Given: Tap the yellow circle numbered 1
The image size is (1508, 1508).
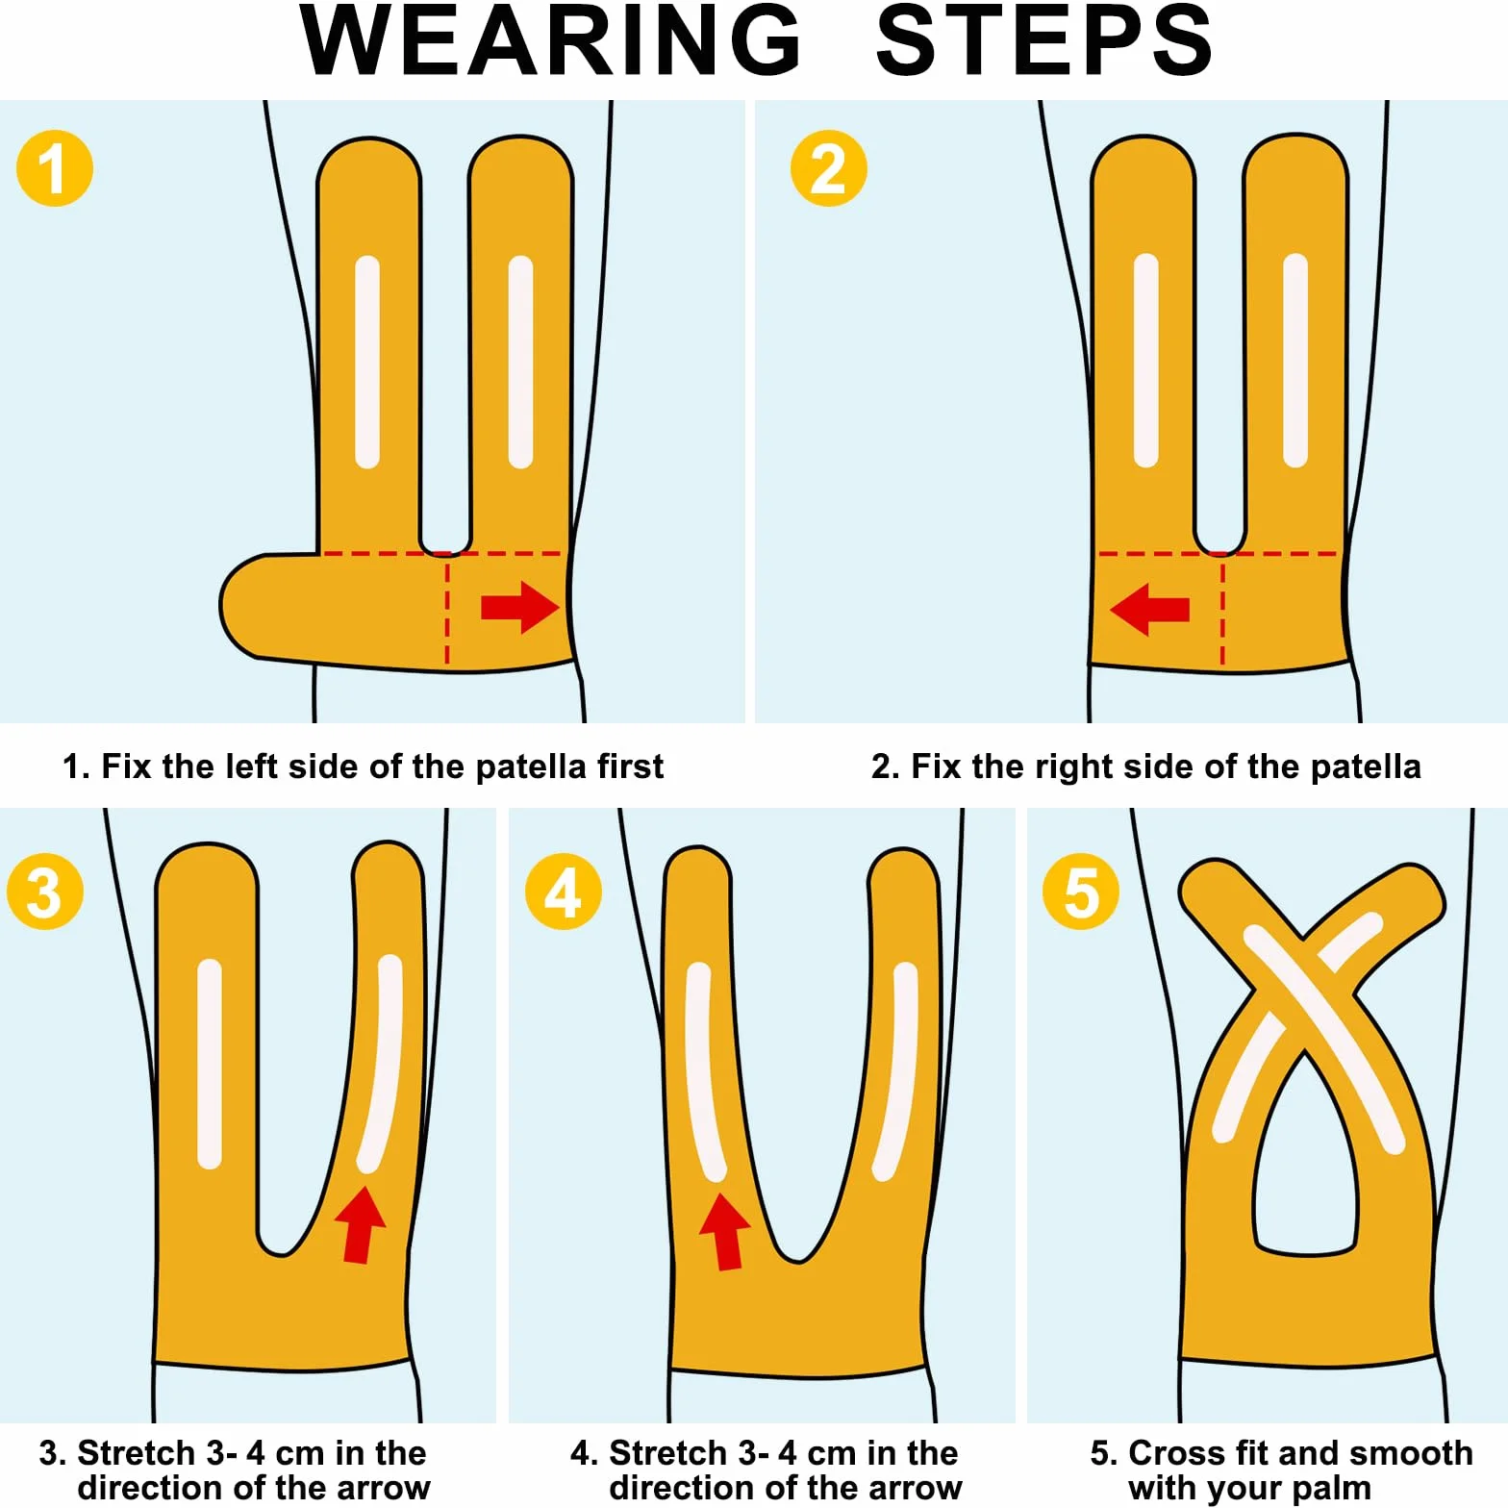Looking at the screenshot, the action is (x=55, y=168).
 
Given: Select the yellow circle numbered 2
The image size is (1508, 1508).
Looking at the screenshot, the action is (x=829, y=168).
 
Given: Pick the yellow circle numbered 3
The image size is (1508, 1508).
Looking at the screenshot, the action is (x=45, y=892).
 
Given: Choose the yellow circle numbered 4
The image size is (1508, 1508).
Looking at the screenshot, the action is (x=564, y=892).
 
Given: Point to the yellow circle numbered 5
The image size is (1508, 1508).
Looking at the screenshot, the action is (x=1081, y=892).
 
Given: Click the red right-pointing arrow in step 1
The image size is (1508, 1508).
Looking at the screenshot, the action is (x=520, y=608).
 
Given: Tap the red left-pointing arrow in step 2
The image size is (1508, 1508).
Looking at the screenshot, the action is (x=1149, y=609).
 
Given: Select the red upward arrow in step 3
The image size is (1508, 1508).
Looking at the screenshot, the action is (x=360, y=1224).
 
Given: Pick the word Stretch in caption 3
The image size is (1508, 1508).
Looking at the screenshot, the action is (x=137, y=1452).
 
